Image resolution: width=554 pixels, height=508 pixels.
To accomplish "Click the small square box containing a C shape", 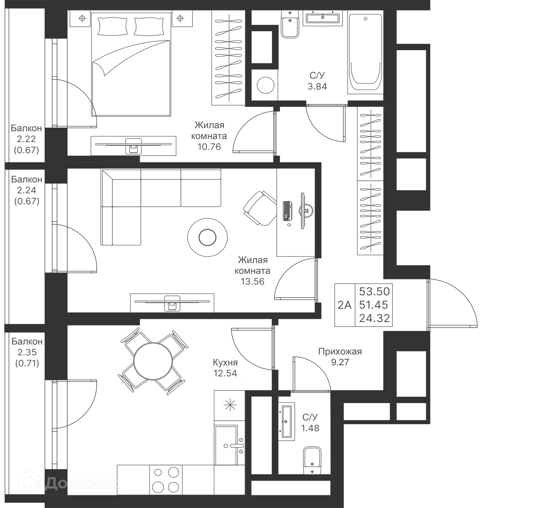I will [264, 85].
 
